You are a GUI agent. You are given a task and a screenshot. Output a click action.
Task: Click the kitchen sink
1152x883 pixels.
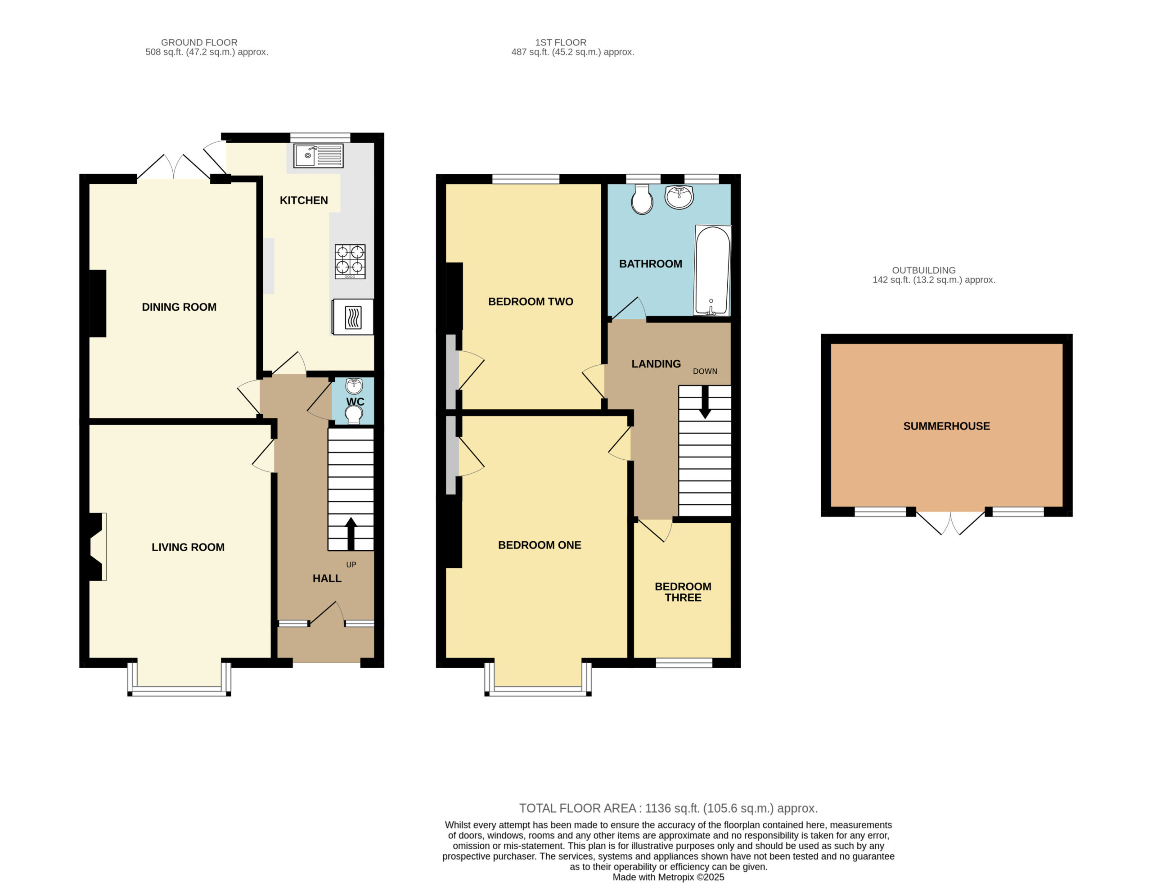pos(318,156)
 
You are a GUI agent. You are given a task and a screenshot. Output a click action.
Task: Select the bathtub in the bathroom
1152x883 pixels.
pos(713,271)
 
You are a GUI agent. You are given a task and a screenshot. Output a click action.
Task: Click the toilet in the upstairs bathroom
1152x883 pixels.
pos(642,199)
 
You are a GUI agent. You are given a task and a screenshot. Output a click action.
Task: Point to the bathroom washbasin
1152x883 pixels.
pos(679,197)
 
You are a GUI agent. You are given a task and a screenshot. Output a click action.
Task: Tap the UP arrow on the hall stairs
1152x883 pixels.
pos(351,534)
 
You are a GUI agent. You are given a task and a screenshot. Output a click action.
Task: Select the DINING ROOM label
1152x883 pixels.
pos(179,307)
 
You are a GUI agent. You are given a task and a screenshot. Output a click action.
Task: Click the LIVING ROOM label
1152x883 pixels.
pos(188,547)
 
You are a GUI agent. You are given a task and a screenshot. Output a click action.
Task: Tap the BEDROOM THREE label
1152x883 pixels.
pos(683,592)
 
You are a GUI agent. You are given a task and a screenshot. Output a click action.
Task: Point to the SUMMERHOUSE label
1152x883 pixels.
pos(947,426)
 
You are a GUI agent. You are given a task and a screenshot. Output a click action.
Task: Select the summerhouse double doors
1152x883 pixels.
pos(950,522)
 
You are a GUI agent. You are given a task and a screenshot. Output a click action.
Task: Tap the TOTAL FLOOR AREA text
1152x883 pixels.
pos(668,808)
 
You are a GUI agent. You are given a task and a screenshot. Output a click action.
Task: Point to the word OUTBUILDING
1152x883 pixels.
pos(923,270)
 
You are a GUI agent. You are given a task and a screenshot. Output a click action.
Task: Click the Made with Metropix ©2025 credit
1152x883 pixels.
pos(668,877)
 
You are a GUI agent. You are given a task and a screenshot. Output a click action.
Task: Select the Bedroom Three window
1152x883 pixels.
pos(684,663)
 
